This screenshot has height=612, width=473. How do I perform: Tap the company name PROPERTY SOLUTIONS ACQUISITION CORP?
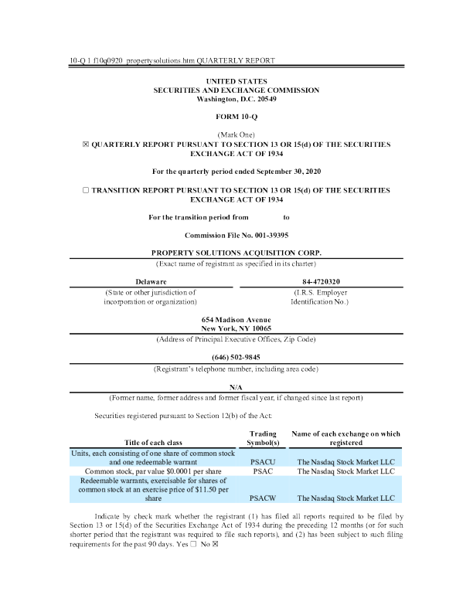pos(236,253)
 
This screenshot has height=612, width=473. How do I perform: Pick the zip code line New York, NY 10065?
pos(236,328)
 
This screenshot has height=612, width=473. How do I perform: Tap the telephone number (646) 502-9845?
pos(236,357)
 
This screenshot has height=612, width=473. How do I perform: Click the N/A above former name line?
pos(236,386)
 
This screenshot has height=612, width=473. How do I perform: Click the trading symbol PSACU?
pos(259,461)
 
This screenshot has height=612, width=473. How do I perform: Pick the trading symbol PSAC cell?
pos(259,471)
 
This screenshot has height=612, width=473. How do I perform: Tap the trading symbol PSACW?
pos(259,498)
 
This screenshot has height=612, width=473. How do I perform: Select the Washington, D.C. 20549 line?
pos(236,99)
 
